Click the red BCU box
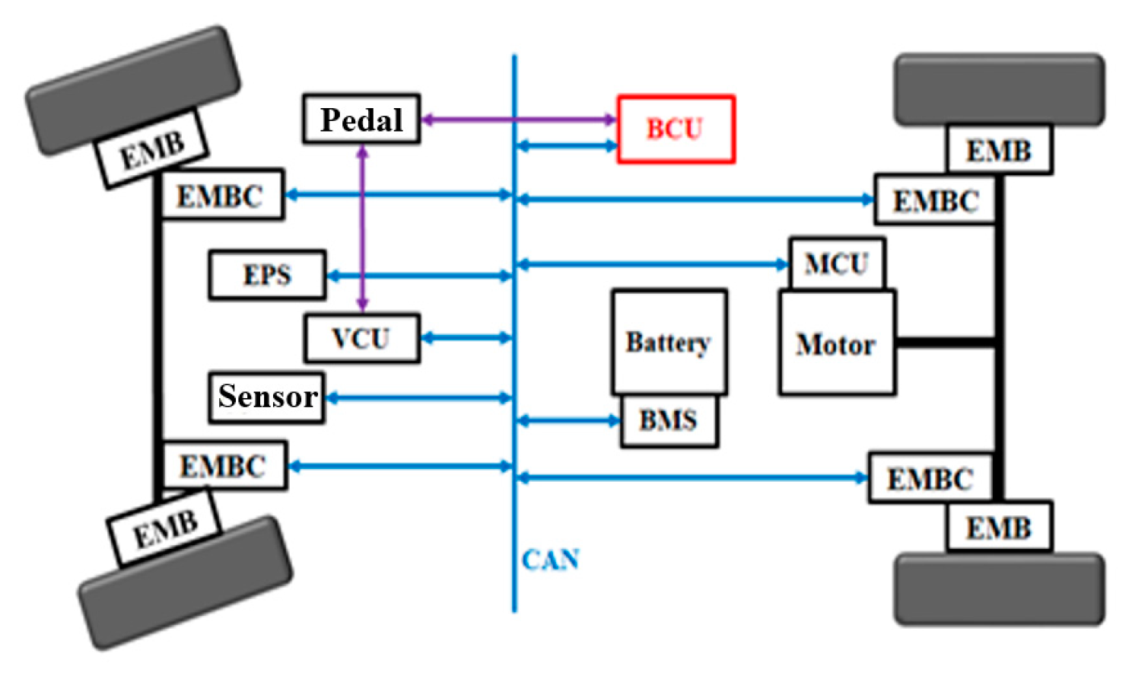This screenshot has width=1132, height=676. tap(676, 129)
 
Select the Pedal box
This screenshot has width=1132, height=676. tap(361, 119)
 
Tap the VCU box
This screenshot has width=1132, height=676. tap(361, 338)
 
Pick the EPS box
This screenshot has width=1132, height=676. tap(267, 275)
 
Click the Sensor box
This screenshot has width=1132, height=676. tap(266, 397)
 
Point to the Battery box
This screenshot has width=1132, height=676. tap(669, 342)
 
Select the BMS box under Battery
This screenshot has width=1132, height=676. tap(669, 420)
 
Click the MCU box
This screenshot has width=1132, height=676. tap(836, 264)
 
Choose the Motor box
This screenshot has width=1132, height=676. tap(836, 343)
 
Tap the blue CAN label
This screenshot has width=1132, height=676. tap(550, 560)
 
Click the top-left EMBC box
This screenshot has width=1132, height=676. tap(221, 196)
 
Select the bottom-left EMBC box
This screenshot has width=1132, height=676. tap(224, 465)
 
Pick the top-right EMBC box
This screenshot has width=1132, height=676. tap(935, 201)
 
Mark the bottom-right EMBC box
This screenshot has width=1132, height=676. tap(930, 479)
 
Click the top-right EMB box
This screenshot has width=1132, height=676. tap(999, 151)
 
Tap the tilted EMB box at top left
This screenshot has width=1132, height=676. tap(151, 149)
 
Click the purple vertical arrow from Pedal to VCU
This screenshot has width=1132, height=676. tap(363, 228)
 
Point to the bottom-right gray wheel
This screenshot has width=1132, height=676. tap(999, 589)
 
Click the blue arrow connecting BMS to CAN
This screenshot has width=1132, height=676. tap(568, 420)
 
